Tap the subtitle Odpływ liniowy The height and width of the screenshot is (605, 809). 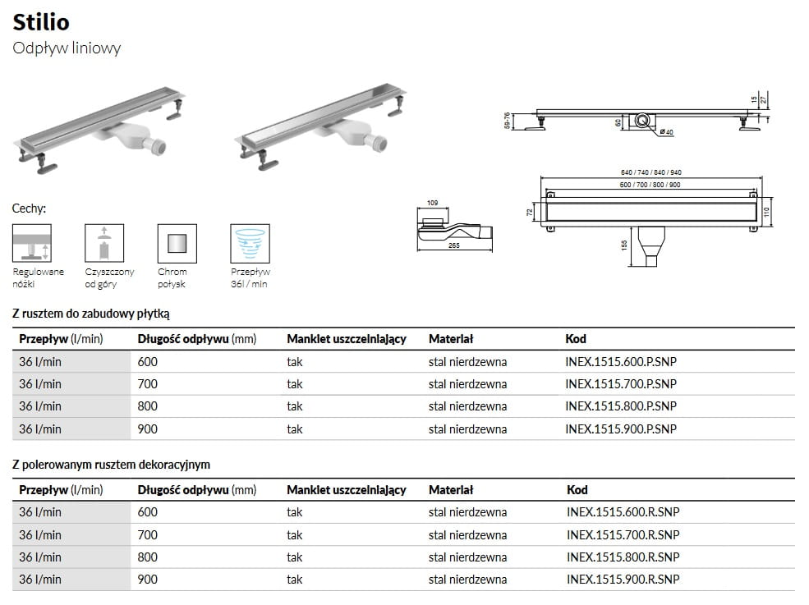click(67, 48)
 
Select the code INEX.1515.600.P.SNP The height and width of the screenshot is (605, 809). click(621, 361)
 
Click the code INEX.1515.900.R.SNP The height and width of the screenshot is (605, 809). click(623, 580)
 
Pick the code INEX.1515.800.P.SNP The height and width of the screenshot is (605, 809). click(621, 406)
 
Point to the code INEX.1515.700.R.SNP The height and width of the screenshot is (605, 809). click(623, 534)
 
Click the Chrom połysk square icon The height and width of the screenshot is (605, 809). click(177, 243)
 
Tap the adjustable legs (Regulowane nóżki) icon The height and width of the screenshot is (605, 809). click(32, 243)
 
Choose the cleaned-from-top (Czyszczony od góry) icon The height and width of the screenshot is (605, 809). click(104, 243)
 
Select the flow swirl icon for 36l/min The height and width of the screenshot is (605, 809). click(250, 243)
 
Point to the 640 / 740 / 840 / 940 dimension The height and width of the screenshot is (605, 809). click(651, 172)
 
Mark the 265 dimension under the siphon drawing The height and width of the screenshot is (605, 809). click(454, 245)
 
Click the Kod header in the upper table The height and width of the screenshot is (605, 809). click(576, 339)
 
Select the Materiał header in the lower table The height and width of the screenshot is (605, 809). click(451, 490)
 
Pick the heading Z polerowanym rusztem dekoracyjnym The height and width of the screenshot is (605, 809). click(112, 465)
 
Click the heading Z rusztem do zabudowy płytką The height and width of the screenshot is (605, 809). click(91, 314)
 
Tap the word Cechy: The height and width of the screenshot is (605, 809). click(29, 209)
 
